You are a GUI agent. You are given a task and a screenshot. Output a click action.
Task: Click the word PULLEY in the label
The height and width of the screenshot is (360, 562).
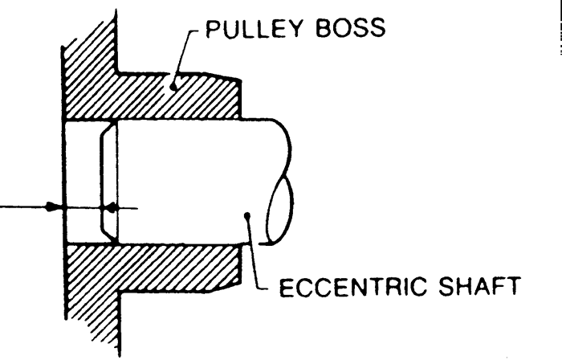coord(254,29)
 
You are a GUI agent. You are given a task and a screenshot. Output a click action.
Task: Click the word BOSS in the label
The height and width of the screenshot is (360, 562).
coord(351,29)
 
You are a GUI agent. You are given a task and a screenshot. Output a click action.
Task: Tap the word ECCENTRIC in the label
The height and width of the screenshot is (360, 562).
coord(353,287)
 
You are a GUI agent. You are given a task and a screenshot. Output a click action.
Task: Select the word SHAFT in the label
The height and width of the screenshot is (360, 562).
coord(479,286)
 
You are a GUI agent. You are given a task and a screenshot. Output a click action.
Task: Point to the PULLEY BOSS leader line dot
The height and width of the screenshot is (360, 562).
coord(173,87)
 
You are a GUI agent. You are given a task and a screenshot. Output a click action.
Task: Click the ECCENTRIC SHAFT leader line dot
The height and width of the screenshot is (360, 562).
coord(247,215)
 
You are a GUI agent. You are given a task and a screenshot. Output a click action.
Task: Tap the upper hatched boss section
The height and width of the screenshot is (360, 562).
coord(151,96)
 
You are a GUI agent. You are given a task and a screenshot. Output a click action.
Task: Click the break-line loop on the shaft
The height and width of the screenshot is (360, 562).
coord(279,211)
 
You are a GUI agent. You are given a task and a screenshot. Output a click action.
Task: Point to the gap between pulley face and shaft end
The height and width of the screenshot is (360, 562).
coord(83,182)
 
